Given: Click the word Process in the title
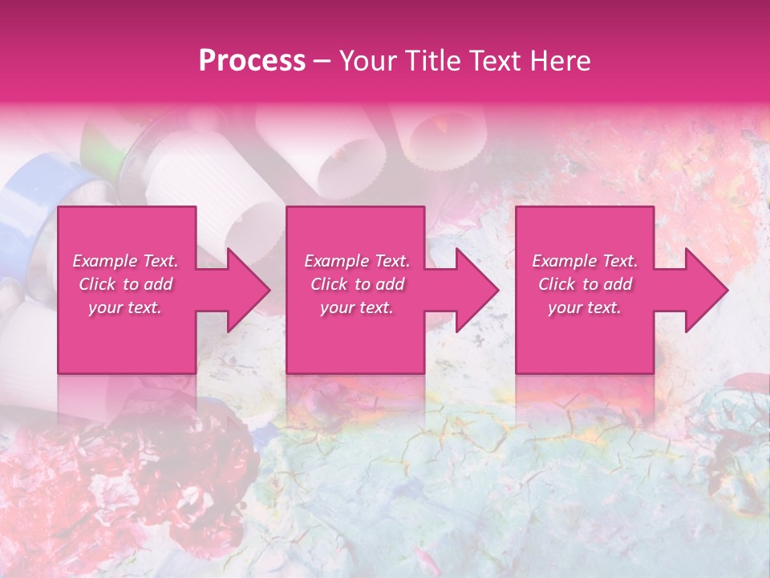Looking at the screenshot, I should coord(252,61).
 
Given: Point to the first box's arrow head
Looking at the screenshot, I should coord(248,290).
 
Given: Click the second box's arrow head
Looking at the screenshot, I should coord(476,290).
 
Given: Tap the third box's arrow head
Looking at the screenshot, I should coord(706,290).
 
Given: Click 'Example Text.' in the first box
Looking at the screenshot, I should coord(125,261).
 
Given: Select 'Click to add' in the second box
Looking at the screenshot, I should coord(357,284).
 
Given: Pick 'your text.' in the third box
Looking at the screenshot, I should coord(585,307).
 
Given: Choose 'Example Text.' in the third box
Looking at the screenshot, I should coord(585,261).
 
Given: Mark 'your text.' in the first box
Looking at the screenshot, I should coord(125,307).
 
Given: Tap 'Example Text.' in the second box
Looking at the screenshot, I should coord(357,261).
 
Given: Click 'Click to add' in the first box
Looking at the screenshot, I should coord(125,284).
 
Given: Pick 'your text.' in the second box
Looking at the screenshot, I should coord(357,307).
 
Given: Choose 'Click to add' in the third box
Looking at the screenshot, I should coord(585,284).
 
